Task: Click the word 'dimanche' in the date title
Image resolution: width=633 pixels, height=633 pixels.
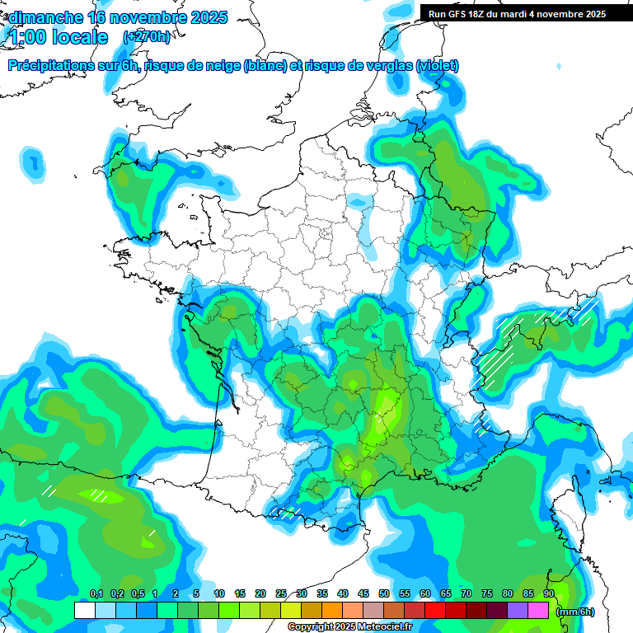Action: click(46, 17)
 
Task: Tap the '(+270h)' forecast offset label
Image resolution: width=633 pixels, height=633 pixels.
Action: click(148, 37)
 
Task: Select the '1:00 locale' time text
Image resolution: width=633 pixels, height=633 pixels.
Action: click(59, 37)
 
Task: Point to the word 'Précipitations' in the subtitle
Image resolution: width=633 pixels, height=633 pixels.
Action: click(51, 66)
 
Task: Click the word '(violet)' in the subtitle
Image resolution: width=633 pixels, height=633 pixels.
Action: click(438, 66)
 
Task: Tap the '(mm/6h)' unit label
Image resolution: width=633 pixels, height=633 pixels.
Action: click(575, 611)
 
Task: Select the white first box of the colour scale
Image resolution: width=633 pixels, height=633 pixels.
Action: click(84, 610)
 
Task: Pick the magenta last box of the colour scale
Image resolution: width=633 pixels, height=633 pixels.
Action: click(538, 610)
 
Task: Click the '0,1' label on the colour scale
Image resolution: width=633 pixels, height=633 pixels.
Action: click(96, 594)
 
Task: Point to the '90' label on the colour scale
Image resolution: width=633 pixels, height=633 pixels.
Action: click(549, 594)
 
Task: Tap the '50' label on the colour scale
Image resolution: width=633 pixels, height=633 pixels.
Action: click(384, 594)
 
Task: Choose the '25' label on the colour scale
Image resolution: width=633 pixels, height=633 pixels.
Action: click(281, 594)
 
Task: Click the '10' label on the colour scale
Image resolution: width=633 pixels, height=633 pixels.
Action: click(219, 594)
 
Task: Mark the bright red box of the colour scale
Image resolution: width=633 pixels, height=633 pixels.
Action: click(435, 610)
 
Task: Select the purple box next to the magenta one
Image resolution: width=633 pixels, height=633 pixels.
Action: click(518, 610)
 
